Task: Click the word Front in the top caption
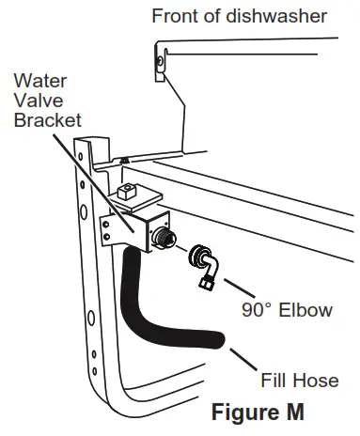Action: tap(175, 15)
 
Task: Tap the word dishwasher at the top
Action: tap(274, 15)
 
